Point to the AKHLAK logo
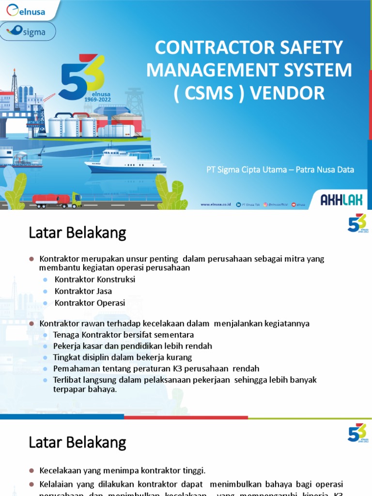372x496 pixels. [x=341, y=199]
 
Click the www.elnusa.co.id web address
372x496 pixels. [x=216, y=204]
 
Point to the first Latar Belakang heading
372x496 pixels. [x=77, y=233]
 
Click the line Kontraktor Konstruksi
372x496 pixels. [x=95, y=279]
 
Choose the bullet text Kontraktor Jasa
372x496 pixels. [x=83, y=291]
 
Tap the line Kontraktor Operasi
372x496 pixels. [x=90, y=303]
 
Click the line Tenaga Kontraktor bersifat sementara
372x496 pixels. [x=124, y=335]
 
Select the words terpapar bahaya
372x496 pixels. [x=85, y=389]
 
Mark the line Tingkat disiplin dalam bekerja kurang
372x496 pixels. [x=123, y=357]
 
